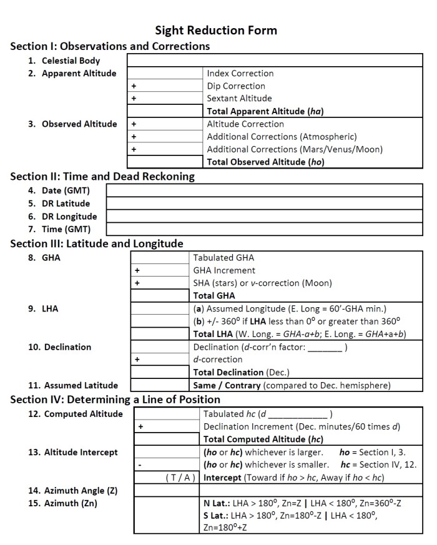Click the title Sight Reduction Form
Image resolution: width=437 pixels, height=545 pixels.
(x=216, y=30)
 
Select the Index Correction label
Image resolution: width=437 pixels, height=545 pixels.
(x=240, y=73)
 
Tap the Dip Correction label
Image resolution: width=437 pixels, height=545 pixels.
(x=236, y=86)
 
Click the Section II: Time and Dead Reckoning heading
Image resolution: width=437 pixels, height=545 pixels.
(x=102, y=176)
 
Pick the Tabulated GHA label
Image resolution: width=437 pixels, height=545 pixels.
(x=223, y=257)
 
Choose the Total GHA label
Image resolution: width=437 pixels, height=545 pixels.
(x=214, y=296)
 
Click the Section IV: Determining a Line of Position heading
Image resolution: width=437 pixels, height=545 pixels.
(x=115, y=400)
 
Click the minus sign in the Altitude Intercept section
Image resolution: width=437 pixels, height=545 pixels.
(x=140, y=464)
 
